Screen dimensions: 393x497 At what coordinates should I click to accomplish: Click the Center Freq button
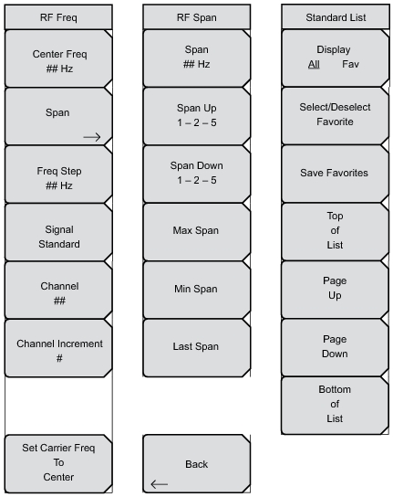pyautogui.click(x=58, y=58)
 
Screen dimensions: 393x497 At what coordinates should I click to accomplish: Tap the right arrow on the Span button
pyautogui.click(x=92, y=137)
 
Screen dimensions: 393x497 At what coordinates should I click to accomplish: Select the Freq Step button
pyautogui.click(x=58, y=174)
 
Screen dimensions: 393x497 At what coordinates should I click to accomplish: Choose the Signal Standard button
pyautogui.click(x=58, y=233)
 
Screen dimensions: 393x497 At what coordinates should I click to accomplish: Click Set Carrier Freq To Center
pyautogui.click(x=58, y=464)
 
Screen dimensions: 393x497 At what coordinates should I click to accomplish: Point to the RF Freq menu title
pyautogui.click(x=58, y=17)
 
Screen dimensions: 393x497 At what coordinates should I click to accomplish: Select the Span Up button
pyautogui.click(x=197, y=116)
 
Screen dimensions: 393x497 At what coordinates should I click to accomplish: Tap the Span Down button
pyautogui.click(x=197, y=174)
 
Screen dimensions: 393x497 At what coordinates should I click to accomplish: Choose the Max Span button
pyautogui.click(x=197, y=232)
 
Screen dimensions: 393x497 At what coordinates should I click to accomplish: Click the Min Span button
pyautogui.click(x=197, y=290)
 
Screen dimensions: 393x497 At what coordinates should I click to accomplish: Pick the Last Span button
pyautogui.click(x=197, y=348)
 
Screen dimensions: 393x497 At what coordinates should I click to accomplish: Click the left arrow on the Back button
pyautogui.click(x=160, y=484)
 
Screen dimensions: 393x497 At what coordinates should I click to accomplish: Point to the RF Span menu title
pyautogui.click(x=197, y=17)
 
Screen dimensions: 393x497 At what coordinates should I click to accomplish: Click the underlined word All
pyautogui.click(x=314, y=64)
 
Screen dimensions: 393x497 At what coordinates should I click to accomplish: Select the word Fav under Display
pyautogui.click(x=350, y=64)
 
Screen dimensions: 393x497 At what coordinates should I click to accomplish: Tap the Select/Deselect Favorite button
pyautogui.click(x=335, y=116)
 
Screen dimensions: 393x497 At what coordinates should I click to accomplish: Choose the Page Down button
pyautogui.click(x=335, y=347)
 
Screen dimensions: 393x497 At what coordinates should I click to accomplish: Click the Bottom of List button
pyautogui.click(x=335, y=406)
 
